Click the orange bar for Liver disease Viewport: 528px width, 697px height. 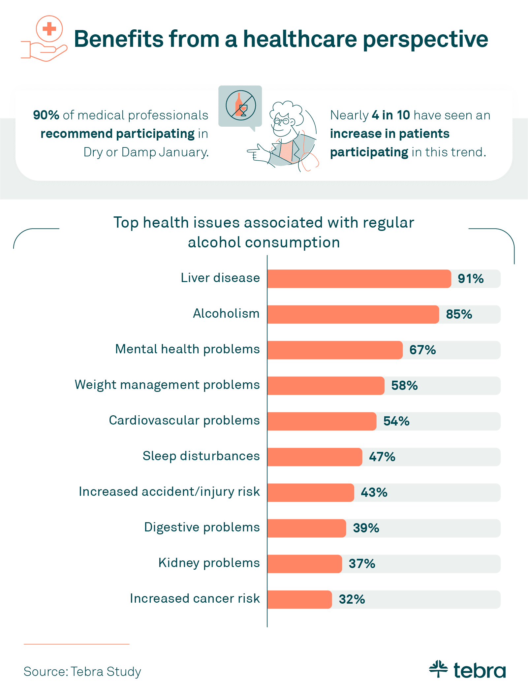359,279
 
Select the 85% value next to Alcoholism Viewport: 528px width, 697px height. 459,314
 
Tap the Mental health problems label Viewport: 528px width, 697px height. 187,349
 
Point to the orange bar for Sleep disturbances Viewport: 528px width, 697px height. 315,457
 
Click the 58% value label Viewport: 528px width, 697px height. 404,386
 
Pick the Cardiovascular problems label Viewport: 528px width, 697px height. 184,421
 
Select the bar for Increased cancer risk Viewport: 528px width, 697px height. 299,599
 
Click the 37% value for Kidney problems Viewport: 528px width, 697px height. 362,564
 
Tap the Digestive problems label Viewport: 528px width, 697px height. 202,527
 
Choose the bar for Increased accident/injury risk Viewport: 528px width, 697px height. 311,492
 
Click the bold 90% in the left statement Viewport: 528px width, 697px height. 46,115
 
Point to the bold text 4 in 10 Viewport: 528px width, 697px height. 390,115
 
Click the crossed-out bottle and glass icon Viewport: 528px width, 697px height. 241,106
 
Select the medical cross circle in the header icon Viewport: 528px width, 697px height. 49,29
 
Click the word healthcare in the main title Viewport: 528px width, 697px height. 300,39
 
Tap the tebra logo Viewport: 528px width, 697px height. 467,670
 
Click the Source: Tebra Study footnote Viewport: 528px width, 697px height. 82,672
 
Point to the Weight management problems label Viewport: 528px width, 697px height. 167,385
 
